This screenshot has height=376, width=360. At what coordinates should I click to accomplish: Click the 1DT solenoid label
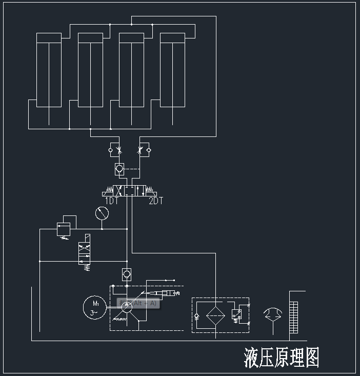[x=111, y=201]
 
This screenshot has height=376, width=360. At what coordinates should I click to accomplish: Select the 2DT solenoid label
[x=155, y=201]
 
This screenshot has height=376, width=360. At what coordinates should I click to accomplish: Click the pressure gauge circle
[x=102, y=213]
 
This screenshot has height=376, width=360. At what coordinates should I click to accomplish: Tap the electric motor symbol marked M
[x=94, y=307]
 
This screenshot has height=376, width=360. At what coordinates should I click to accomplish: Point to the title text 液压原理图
[x=282, y=358]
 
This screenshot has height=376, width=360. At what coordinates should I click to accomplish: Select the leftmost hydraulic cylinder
[x=49, y=70]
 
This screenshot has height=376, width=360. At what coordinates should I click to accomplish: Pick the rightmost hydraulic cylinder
[x=172, y=70]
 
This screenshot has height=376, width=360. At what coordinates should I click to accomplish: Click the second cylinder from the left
[x=90, y=70]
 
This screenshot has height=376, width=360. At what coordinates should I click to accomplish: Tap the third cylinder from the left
[x=131, y=70]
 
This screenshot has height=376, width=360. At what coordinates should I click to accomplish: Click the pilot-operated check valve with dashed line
[x=119, y=168]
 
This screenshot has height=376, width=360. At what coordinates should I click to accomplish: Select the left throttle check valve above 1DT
[x=115, y=150]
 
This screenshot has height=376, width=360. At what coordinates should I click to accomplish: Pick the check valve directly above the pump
[x=127, y=274]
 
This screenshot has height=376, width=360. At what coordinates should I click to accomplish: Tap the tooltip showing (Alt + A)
[x=138, y=304]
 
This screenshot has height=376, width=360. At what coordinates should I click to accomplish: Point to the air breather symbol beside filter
[x=272, y=314]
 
